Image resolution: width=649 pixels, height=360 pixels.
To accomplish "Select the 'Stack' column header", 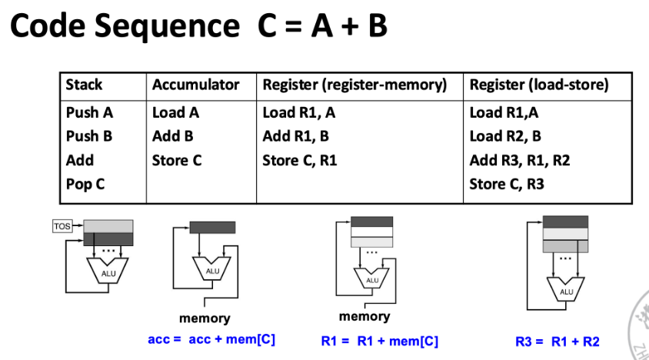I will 84,85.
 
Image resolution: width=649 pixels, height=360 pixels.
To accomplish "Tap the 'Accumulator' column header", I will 195,85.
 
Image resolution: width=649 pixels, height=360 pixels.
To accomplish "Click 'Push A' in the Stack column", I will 89,112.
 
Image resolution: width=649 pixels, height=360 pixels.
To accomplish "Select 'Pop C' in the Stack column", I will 85,185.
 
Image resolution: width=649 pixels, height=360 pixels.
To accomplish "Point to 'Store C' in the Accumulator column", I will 176,160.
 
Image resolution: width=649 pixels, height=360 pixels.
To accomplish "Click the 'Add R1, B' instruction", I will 295,136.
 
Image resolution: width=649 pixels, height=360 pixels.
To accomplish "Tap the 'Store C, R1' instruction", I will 299,160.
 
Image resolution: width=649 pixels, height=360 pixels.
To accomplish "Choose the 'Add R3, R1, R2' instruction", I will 519,160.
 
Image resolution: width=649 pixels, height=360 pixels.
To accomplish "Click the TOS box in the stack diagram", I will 62,225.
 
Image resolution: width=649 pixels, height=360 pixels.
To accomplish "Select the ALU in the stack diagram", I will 108,270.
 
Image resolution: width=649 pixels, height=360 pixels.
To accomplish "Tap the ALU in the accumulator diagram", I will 212,269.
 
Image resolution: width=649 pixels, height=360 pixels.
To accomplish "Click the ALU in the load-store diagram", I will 566,290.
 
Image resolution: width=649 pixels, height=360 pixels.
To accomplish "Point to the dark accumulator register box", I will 212,228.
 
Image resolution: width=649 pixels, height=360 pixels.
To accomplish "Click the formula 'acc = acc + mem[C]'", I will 211,338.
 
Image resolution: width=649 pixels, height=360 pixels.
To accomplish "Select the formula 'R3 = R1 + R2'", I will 557,341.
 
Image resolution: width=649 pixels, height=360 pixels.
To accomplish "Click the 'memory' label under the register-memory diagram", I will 364,316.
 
